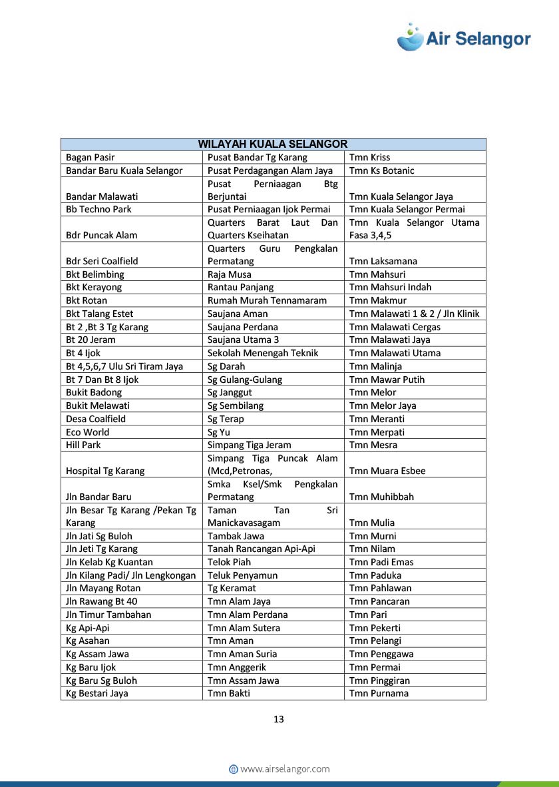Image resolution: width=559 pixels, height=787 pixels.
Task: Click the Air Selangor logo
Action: point(464,37)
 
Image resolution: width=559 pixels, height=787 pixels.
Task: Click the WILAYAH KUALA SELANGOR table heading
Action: point(273,144)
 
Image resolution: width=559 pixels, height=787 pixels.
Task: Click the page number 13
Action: point(279,719)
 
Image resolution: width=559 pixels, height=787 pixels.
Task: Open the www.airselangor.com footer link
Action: point(279,769)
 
